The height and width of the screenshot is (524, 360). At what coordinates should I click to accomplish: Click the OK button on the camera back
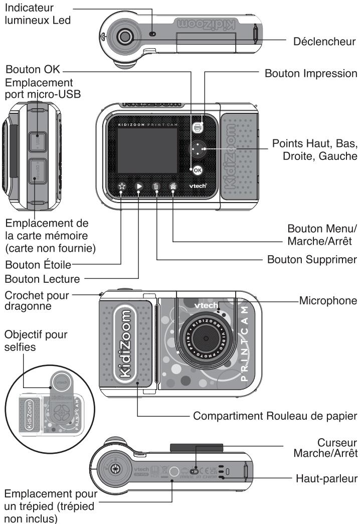[x=197, y=169]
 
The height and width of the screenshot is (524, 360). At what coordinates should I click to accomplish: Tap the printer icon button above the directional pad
[x=198, y=127]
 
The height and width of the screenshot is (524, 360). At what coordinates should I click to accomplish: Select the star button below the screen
[x=121, y=187]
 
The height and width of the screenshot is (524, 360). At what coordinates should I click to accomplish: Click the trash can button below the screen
[x=156, y=187]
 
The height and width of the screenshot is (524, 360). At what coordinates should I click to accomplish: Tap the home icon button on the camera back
[x=173, y=187]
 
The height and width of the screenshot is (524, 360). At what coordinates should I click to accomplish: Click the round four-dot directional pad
[x=201, y=149]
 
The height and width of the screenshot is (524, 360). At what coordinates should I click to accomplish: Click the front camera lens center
[x=206, y=339]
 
